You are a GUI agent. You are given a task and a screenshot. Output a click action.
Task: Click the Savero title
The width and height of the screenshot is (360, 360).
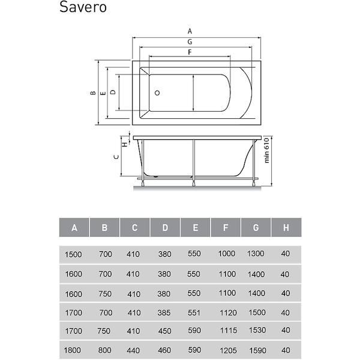click(x=83, y=7)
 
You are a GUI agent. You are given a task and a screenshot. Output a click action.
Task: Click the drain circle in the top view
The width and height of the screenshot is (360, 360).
click(x=157, y=93)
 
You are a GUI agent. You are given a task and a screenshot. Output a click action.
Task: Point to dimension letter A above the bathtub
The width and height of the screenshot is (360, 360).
click(x=190, y=31)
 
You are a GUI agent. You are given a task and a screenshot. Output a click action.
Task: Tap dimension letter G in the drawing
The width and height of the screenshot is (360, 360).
click(x=190, y=42)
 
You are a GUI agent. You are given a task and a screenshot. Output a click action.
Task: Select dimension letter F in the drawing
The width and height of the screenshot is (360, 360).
click(x=190, y=52)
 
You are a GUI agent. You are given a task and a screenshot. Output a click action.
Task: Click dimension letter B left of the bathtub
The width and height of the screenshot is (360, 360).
click(x=93, y=93)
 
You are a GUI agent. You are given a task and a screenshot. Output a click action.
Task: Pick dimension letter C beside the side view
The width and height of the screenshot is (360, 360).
click(x=116, y=157)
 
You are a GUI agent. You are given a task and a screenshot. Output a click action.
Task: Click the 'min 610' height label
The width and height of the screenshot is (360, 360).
click(x=266, y=151)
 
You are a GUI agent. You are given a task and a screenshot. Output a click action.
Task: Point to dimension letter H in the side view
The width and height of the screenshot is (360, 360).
click(x=124, y=145)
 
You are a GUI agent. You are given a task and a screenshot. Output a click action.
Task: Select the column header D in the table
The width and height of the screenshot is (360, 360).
click(x=165, y=228)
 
